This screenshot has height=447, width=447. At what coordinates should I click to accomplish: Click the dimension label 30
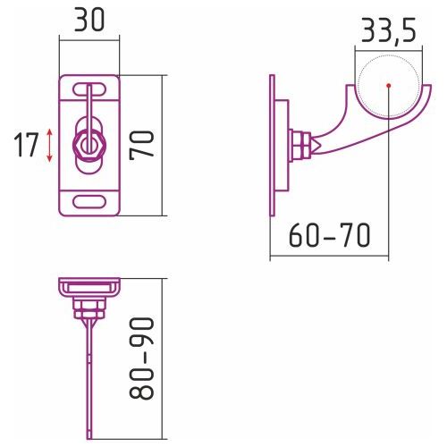click(x=89, y=20)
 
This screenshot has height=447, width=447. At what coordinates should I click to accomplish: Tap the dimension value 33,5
click(x=388, y=30)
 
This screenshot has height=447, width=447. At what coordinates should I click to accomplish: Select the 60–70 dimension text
click(x=330, y=235)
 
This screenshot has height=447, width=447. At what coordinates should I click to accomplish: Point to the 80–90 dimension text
click(x=142, y=358)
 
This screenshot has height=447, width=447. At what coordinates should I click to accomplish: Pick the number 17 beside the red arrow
click(x=26, y=145)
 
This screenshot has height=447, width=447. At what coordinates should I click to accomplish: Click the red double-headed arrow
click(x=49, y=146)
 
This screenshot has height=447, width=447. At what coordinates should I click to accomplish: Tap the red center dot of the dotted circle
click(x=388, y=86)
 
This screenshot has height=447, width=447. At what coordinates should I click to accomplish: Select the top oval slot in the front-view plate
click(x=89, y=89)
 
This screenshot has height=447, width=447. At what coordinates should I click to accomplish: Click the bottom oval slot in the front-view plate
click(x=89, y=202)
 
